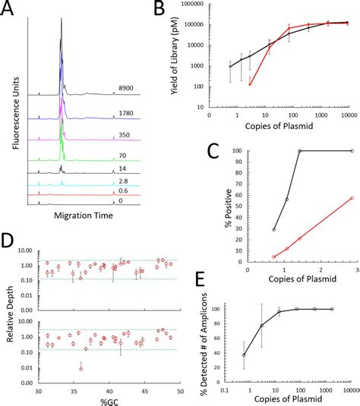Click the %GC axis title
(109, 400)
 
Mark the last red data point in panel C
(351, 198)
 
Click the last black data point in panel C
(351, 151)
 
